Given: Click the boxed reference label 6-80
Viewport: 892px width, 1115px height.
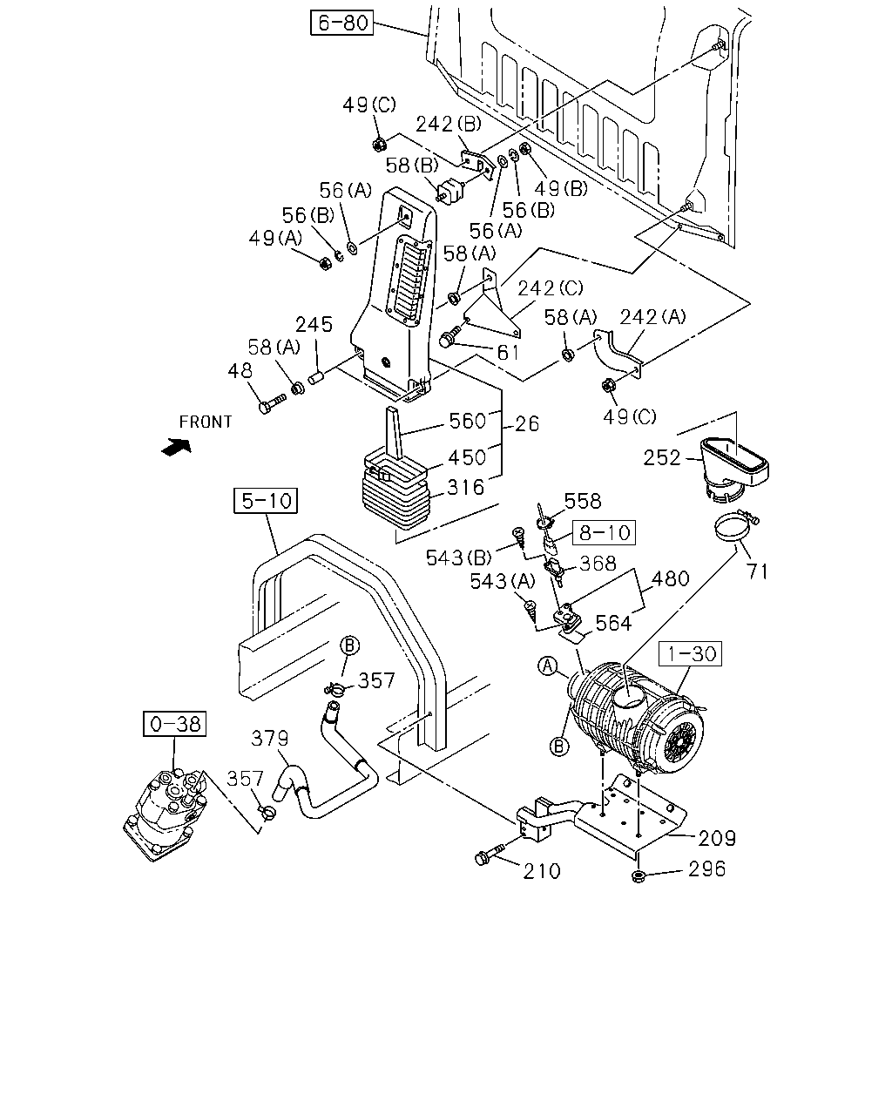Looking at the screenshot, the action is pyautogui.click(x=341, y=23).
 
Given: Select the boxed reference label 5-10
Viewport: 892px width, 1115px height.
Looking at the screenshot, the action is pyautogui.click(x=266, y=500).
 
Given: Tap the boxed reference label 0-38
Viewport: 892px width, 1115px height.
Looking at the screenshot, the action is pyautogui.click(x=175, y=724).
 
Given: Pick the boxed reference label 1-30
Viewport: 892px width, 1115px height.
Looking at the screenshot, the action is pyautogui.click(x=691, y=653).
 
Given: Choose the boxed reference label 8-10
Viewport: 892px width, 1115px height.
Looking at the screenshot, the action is pyautogui.click(x=604, y=532).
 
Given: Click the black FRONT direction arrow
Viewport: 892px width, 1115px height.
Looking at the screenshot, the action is pyautogui.click(x=176, y=447).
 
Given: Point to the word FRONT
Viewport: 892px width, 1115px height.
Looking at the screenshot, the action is pyautogui.click(x=206, y=422).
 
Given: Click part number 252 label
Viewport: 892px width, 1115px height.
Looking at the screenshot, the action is pyautogui.click(x=662, y=457).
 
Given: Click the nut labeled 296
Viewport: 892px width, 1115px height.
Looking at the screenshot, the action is pyautogui.click(x=639, y=877).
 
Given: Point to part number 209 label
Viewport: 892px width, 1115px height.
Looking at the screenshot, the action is pyautogui.click(x=717, y=838).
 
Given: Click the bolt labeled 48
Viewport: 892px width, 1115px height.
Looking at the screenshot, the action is pyautogui.click(x=272, y=403).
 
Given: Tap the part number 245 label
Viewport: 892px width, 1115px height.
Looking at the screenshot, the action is pyautogui.click(x=314, y=325).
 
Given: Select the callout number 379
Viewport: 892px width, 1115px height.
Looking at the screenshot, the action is pyautogui.click(x=269, y=739).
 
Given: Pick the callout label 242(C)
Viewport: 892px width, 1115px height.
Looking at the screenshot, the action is pyautogui.click(x=551, y=288).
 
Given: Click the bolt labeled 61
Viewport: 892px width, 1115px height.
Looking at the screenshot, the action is pyautogui.click(x=449, y=335).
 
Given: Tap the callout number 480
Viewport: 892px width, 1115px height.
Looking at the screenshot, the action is pyautogui.click(x=670, y=578).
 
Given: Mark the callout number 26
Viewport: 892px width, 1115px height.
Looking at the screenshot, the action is pyautogui.click(x=527, y=424).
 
